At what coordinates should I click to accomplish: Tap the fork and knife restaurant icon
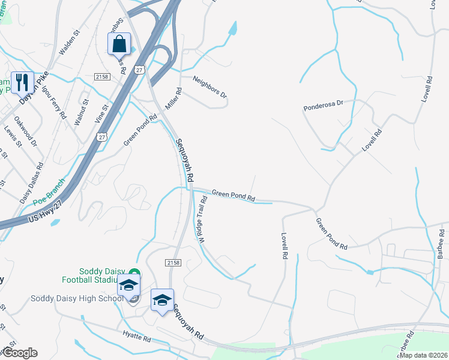click(x=22, y=83)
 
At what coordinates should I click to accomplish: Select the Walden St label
click(x=70, y=44)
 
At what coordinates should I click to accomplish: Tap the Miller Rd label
click(x=173, y=98)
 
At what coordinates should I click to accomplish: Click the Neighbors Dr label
click(x=210, y=87)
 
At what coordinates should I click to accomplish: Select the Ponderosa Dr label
click(x=323, y=106)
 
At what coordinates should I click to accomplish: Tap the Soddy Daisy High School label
click(x=68, y=298)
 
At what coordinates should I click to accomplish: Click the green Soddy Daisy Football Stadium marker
click(x=134, y=274)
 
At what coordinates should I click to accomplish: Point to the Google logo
click(x=19, y=353)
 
